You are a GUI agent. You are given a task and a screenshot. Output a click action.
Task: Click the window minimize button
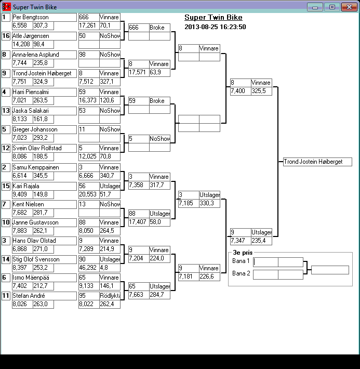point(314,7)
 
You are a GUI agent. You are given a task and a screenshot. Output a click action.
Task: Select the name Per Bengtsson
point(44,17)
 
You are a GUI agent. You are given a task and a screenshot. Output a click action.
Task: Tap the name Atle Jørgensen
point(44,36)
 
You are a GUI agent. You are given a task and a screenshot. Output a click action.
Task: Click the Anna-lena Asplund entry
point(44,55)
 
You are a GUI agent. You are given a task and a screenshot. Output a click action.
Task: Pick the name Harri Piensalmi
point(44,92)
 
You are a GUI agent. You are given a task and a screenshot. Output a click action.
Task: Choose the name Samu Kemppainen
point(44,167)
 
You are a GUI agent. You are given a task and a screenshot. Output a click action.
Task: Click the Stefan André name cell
point(44,296)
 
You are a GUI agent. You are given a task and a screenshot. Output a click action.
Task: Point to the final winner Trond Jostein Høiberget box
point(317,162)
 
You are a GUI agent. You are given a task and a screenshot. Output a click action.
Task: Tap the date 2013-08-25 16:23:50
point(215,27)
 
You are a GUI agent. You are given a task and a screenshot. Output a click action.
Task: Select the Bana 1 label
point(241,261)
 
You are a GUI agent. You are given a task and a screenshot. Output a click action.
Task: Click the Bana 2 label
point(241,273)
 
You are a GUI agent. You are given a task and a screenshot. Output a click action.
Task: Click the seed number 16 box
point(6,36)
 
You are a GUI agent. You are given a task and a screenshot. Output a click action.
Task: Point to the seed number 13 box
point(6,111)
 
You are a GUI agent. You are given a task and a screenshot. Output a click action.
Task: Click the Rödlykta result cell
point(110,296)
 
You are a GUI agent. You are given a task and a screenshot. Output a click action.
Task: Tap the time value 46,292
point(88,268)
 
